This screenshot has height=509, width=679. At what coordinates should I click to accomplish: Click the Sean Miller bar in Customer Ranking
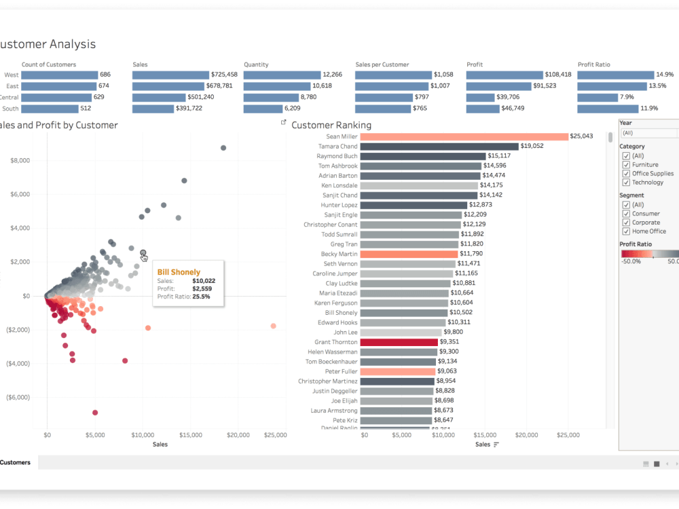464,136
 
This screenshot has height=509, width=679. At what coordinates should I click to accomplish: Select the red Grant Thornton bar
399,342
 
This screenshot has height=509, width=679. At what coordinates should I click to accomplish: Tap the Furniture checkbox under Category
626,164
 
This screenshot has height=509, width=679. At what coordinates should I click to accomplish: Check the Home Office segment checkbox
626,231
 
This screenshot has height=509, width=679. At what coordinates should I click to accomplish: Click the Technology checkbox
626,182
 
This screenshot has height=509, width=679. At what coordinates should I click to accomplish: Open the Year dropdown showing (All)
648,133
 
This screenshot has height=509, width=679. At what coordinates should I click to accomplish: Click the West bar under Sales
170,75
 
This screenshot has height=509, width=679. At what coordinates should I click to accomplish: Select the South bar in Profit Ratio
608,109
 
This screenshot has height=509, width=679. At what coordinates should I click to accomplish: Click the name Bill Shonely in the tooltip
179,272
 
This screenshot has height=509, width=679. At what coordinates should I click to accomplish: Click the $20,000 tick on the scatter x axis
238,434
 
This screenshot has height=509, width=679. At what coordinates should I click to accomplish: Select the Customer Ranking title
331,125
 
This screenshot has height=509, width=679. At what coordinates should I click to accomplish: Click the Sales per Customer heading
382,64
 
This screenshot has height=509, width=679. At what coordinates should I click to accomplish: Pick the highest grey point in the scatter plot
223,148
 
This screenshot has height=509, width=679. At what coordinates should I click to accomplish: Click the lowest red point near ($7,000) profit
95,413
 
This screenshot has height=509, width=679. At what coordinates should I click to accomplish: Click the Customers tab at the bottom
15,462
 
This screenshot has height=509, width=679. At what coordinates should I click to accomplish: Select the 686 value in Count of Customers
105,75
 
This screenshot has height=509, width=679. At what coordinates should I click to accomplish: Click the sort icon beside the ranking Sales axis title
496,445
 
